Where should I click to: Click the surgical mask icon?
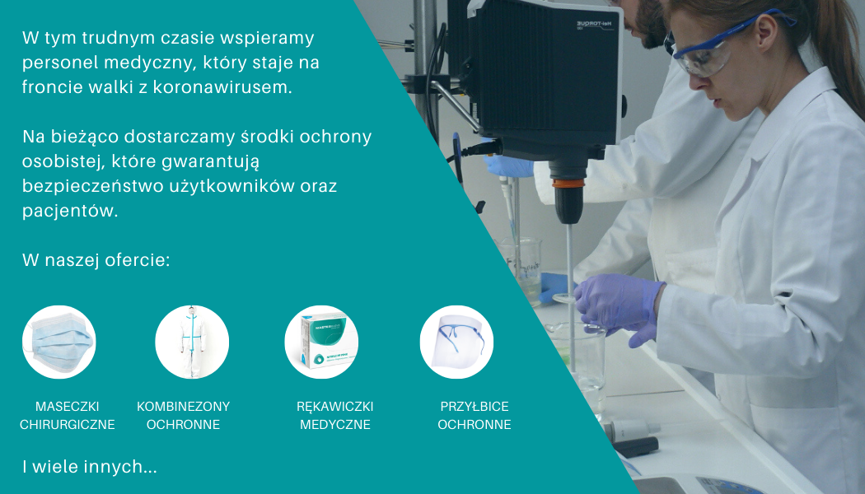59,342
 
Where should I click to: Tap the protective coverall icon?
192,342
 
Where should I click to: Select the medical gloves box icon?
321,342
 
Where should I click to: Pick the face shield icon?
456,342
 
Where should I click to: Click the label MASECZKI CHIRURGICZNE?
68,415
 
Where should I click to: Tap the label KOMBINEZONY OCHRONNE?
183,415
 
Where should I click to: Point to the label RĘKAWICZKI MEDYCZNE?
334,415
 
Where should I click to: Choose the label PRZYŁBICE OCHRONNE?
475,415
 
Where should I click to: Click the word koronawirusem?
222,87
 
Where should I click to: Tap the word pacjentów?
70,211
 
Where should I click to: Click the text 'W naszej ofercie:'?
96,259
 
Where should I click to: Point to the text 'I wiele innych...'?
90,467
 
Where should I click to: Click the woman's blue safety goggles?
722,45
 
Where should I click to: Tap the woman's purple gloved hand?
619,308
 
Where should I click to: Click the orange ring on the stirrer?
568,183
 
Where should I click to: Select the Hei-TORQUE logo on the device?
595,25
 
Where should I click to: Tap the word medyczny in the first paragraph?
149,63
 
